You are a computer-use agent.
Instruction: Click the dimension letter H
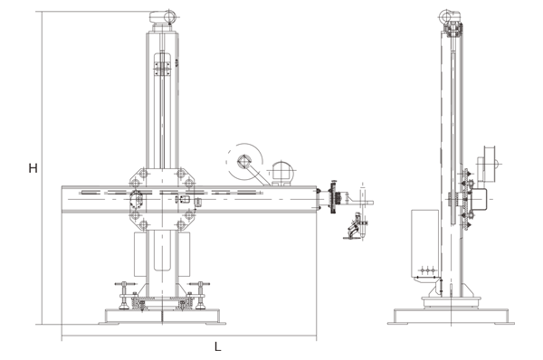coord(33,168)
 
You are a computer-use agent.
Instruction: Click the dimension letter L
coord(217,346)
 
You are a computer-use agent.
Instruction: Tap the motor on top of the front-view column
coord(163,17)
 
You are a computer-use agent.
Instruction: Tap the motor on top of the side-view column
coord(450,16)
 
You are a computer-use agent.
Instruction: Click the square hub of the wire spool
coord(243,162)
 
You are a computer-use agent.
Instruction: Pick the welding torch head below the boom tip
coord(356,227)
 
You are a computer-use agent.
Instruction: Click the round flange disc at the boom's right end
coord(333,197)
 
